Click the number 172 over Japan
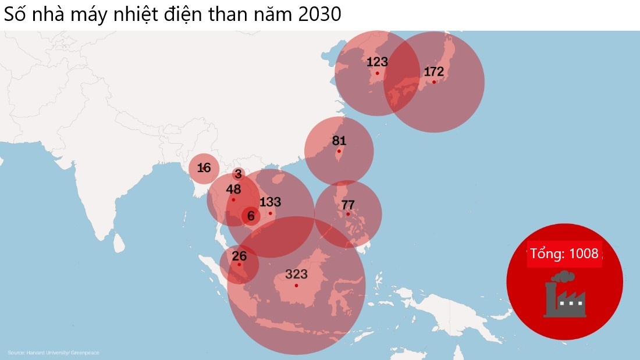(434, 72)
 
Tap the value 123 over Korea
(377, 62)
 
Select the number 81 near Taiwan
(339, 141)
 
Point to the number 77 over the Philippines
(348, 205)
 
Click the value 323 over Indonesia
(296, 275)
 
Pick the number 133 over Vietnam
(270, 202)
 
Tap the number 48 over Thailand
(233, 190)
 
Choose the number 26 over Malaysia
(239, 256)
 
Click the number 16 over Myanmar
(204, 168)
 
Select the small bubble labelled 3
(238, 174)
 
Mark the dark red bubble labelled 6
(251, 216)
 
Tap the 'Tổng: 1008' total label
(564, 254)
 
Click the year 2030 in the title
(319, 15)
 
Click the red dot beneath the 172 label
(434, 82)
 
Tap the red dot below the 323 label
(296, 286)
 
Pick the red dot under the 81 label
(339, 151)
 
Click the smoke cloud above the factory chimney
(563, 277)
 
